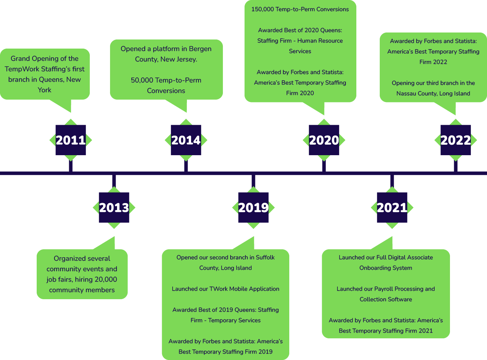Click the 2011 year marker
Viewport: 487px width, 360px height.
[71, 140]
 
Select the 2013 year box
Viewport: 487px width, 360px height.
[114, 208]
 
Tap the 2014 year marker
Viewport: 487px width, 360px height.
[186, 140]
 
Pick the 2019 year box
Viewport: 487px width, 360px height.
[253, 208]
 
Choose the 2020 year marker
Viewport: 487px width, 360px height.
[324, 140]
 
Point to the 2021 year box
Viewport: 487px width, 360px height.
[392, 208]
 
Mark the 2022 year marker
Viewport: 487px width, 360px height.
[456, 140]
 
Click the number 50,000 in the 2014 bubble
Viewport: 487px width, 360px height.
[142, 80]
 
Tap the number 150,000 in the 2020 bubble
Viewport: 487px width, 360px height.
[262, 9]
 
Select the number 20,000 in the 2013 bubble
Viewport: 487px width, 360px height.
[106, 280]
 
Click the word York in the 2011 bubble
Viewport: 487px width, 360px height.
[44, 90]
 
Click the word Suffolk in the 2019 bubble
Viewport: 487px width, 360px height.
[265, 258]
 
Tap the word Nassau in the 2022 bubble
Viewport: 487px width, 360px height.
[406, 94]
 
